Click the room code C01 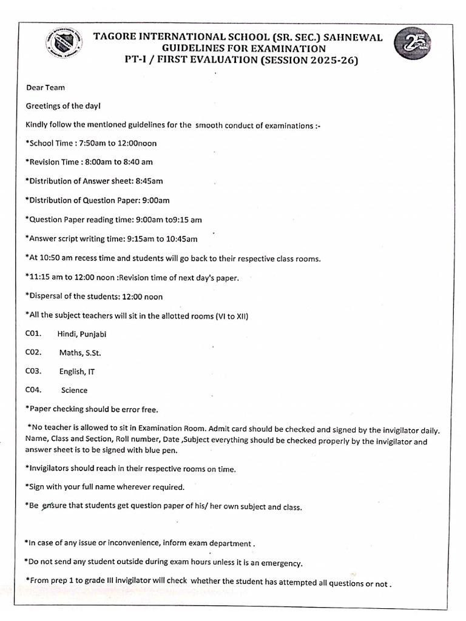pos(33,334)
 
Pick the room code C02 pos(33,352)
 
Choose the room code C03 pos(33,371)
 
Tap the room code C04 pos(33,390)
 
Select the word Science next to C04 pos(74,390)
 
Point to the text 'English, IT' pos(76,371)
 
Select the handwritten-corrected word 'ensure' pos(53,506)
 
